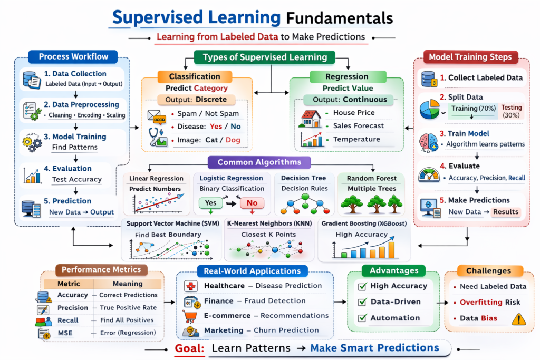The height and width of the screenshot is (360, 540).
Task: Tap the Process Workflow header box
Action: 73,56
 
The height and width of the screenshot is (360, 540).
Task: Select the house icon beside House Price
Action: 311,119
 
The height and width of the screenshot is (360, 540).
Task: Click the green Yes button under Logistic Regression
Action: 210,202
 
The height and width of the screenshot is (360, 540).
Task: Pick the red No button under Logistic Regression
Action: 252,202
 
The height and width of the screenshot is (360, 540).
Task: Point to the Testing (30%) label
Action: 512,111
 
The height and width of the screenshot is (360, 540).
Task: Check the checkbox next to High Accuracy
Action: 362,286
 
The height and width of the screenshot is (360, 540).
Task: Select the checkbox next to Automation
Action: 362,318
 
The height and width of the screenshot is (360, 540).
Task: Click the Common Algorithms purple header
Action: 259,162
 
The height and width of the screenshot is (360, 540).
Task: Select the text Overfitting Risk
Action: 490,302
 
